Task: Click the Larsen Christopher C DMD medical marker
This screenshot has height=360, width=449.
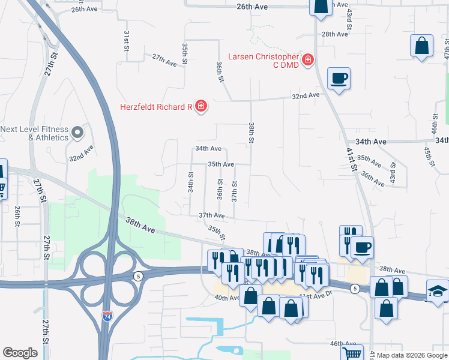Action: (308, 60)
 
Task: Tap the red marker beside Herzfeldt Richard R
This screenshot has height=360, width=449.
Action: (200, 107)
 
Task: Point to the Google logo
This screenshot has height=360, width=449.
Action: (20, 353)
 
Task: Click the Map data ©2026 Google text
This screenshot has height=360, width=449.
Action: (412, 355)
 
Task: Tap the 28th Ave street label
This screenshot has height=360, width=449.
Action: (334, 34)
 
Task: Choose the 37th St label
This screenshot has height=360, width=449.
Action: (235, 191)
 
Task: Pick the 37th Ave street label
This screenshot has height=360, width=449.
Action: (211, 215)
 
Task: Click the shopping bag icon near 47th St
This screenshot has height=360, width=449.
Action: (422, 46)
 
